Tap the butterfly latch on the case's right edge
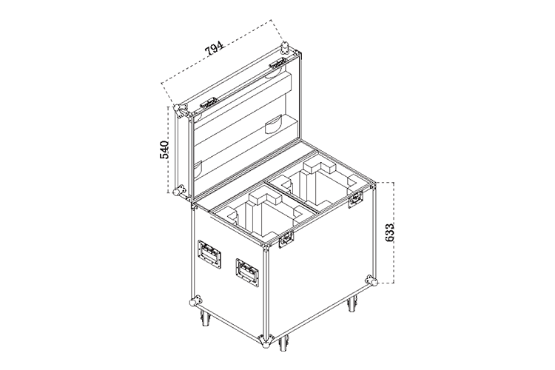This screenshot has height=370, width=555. pos(356,198)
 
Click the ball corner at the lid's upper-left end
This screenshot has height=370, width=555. pos(178,109)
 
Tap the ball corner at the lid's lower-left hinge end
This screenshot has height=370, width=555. pos(178,190)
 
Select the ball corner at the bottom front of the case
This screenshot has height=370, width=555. pos(266,343)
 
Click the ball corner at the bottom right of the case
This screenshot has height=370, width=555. pos(373,281)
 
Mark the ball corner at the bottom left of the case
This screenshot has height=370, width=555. pos(195,301)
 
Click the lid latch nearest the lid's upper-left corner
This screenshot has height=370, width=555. pos(208,104)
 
